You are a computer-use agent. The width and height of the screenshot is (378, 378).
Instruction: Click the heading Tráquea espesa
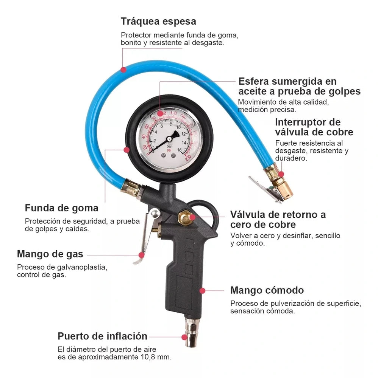click(x=158, y=21)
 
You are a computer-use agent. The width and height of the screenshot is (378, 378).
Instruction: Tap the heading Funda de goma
click(x=62, y=208)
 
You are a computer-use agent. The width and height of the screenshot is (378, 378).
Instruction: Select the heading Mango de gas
click(x=50, y=254)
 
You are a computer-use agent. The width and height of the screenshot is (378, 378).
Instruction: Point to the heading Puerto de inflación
click(x=102, y=336)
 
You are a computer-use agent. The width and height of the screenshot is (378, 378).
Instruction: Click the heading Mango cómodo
click(x=267, y=290)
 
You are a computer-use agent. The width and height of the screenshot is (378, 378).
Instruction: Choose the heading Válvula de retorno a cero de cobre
click(x=278, y=219)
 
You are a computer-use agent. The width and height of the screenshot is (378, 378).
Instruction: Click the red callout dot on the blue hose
click(x=123, y=70)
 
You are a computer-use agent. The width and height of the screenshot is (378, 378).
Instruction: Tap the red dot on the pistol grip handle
click(x=203, y=291)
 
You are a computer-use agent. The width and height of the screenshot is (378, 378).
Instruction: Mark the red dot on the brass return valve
click(x=192, y=217)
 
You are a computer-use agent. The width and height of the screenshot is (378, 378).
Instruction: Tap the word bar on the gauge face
click(x=170, y=146)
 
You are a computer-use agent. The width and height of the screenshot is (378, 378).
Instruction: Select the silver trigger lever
click(x=148, y=234)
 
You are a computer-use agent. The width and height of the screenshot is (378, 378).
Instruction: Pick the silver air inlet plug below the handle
click(x=190, y=333)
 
